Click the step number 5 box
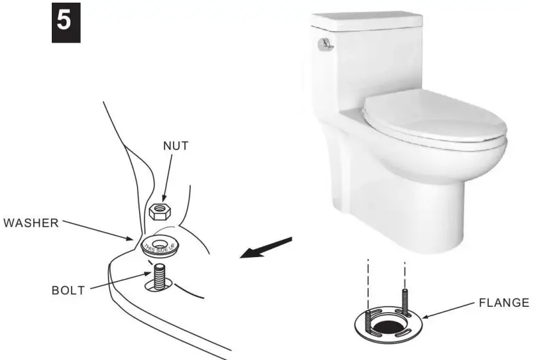pos(66,22)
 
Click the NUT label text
pos(176,146)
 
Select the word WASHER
pos(31,222)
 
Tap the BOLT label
pos(68,290)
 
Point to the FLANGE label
pos(504,303)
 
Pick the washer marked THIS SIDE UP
pos(161,244)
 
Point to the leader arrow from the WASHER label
pos(98,230)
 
